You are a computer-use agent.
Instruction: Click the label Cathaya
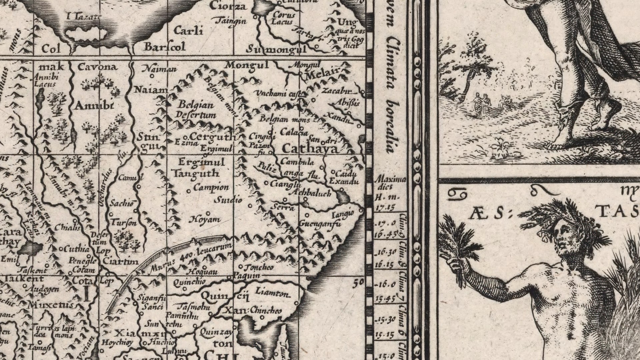310,148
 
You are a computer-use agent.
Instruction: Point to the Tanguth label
195,173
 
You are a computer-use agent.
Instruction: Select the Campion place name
211,187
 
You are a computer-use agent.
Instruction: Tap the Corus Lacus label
283,18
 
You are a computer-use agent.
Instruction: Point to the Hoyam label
205,219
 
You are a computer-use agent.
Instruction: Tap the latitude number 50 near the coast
358,283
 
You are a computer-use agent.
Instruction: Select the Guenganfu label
320,224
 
